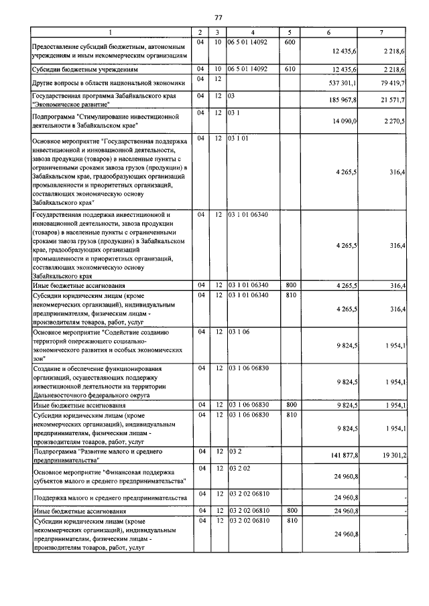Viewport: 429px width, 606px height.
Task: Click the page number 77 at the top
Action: coord(218,17)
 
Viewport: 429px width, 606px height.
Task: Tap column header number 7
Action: coord(381,32)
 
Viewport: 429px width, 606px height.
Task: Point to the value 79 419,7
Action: coord(391,83)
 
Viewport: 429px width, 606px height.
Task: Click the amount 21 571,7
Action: coord(391,100)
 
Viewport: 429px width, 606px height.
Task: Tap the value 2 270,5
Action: coord(393,121)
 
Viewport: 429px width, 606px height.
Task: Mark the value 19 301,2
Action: coord(391,455)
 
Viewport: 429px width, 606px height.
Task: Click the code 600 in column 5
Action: coord(290,42)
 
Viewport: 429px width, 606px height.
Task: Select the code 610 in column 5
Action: coord(290,68)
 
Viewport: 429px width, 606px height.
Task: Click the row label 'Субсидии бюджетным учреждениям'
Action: coord(85,69)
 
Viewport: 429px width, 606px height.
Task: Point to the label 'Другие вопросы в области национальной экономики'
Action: coord(104,83)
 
